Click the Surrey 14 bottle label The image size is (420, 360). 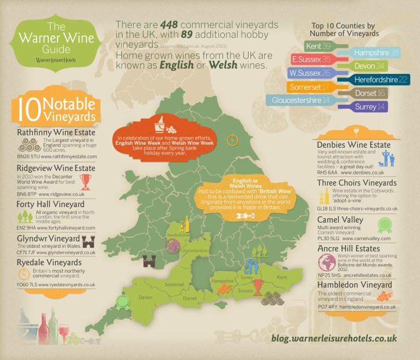tap(365, 106)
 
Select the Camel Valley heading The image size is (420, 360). tap(340, 220)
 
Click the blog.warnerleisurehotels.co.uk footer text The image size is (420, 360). tap(334, 337)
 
